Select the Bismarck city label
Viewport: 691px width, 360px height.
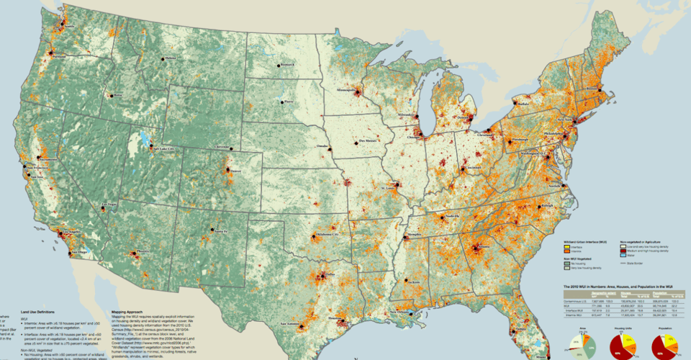287,64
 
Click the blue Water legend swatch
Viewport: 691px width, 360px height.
623,255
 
